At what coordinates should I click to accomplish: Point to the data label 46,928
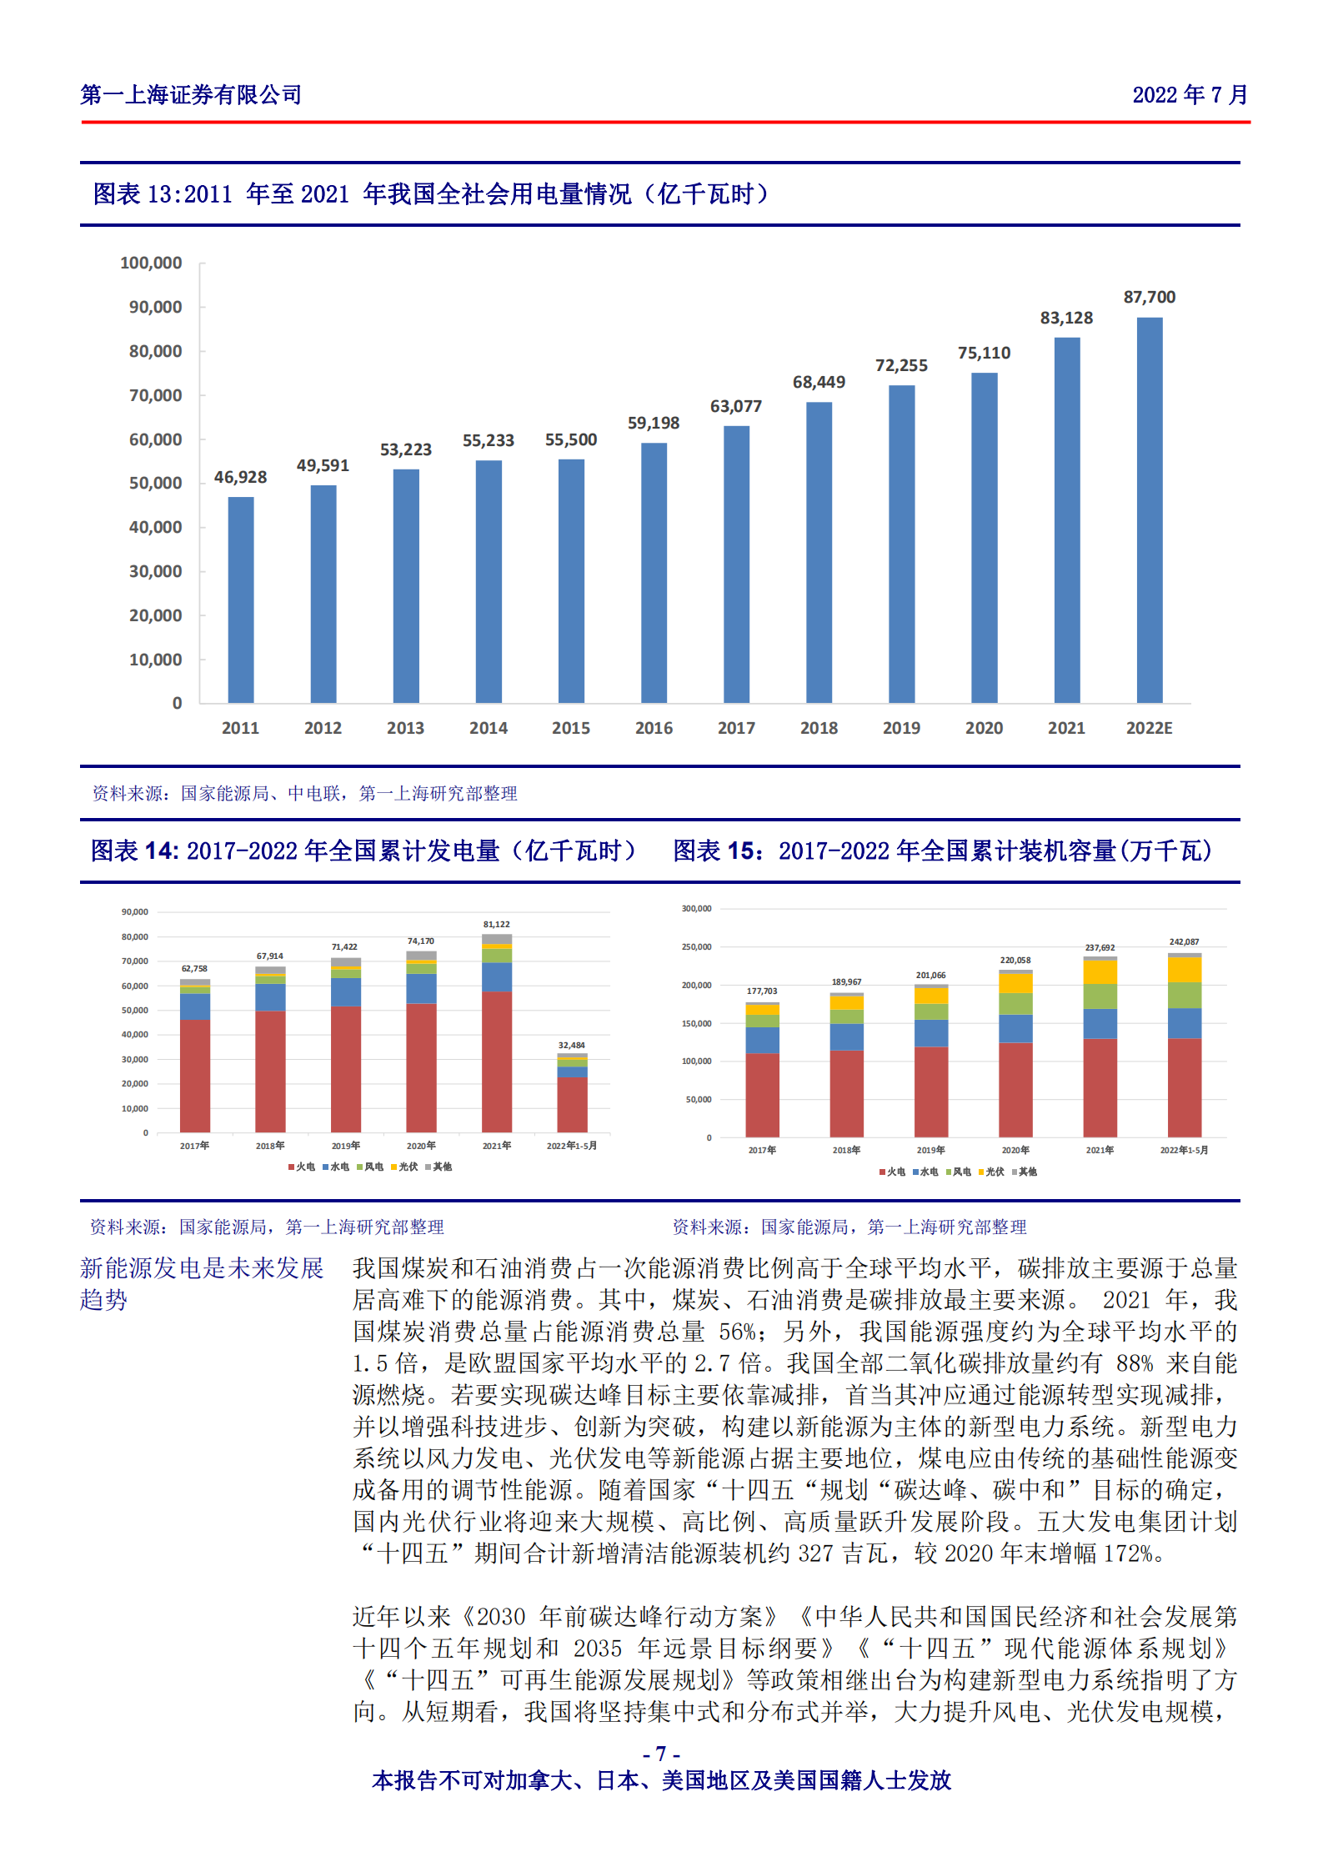pyautogui.click(x=240, y=477)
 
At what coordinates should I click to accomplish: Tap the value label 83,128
pyautogui.click(x=1066, y=318)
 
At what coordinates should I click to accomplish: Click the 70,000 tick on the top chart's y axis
pyautogui.click(x=155, y=395)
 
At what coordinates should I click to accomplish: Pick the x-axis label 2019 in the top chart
pyautogui.click(x=901, y=728)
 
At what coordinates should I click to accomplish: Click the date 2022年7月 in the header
pyautogui.click(x=1190, y=95)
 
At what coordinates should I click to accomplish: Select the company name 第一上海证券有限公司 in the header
pyautogui.click(x=191, y=95)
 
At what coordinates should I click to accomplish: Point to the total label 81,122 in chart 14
pyautogui.click(x=496, y=924)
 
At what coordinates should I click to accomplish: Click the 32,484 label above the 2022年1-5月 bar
pyautogui.click(x=571, y=1045)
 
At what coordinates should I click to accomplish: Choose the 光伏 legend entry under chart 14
pyautogui.click(x=405, y=1167)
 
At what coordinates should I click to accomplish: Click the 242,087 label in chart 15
pyautogui.click(x=1184, y=941)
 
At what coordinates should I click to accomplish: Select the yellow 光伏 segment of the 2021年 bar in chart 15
pyautogui.click(x=1100, y=971)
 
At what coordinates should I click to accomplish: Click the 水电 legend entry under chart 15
pyautogui.click(x=925, y=1172)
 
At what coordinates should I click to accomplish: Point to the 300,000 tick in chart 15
pyautogui.click(x=696, y=908)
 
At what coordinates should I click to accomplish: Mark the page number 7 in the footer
pyautogui.click(x=661, y=1754)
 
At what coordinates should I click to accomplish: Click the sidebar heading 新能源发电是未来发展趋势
pyautogui.click(x=201, y=1283)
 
